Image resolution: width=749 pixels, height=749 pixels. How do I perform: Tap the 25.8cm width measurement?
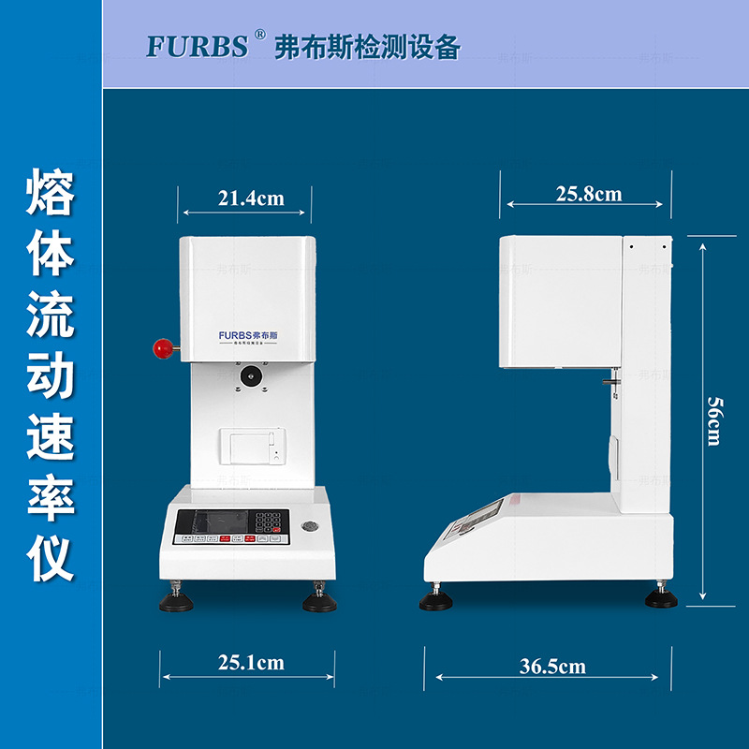589,194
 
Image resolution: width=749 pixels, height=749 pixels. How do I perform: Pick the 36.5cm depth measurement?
552,667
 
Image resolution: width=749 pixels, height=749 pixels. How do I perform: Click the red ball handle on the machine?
163,348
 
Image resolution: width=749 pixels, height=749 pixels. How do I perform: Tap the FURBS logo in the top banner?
197,47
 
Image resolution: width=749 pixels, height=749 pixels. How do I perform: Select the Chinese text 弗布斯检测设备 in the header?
367,48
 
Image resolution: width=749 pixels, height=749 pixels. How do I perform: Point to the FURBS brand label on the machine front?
254,334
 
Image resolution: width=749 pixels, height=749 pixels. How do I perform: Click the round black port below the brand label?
251,375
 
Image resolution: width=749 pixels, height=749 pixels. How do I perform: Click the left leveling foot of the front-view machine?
176,599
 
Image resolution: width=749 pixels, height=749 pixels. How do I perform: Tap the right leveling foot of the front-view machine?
319,599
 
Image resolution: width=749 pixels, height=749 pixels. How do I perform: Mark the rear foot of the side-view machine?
661,597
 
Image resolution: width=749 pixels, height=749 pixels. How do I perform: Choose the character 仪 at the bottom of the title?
51,558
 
